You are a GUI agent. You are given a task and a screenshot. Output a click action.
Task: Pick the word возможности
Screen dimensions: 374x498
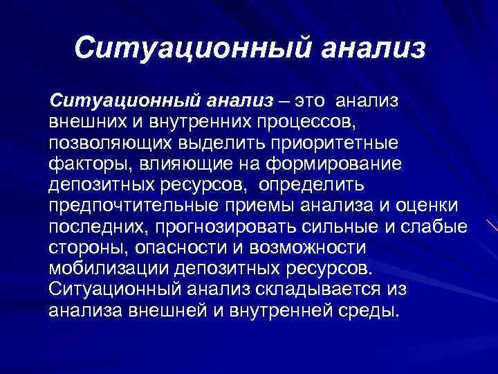[x=296, y=249]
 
